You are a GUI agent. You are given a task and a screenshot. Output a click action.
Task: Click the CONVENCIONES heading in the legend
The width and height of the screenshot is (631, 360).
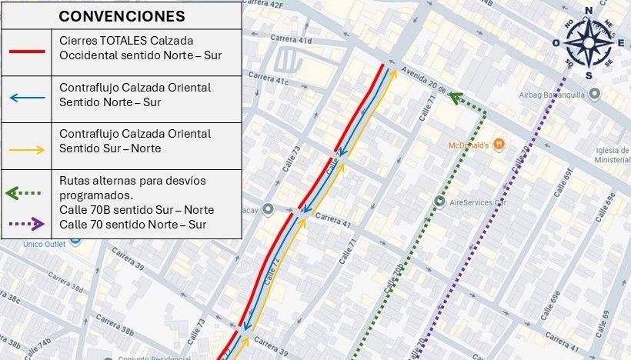122,16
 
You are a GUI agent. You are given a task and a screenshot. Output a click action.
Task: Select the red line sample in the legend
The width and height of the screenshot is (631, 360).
26,52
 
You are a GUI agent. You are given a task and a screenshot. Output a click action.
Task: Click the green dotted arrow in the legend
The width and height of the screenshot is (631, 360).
26,193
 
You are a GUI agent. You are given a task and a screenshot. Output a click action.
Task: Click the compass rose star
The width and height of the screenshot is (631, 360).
589,42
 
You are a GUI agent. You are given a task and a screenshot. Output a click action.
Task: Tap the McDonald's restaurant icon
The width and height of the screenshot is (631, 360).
499,143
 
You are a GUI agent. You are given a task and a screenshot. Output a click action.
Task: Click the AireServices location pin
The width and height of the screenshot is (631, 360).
439,202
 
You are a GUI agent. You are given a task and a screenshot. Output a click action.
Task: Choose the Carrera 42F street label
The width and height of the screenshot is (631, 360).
266,6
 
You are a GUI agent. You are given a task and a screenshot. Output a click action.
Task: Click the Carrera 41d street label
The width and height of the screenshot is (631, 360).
295,39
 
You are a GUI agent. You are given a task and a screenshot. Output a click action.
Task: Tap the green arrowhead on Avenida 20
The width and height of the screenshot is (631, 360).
455,97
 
